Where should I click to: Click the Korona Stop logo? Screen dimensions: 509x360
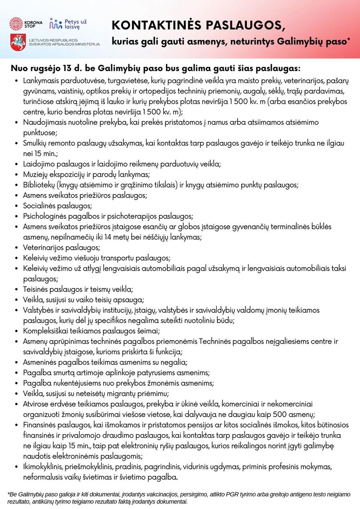coord(26,23)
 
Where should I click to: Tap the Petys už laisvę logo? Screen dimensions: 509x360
coord(71,24)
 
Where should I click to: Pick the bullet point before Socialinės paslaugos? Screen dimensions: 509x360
coord(17,206)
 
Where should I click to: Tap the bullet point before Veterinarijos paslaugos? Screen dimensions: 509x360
coord(17,247)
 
